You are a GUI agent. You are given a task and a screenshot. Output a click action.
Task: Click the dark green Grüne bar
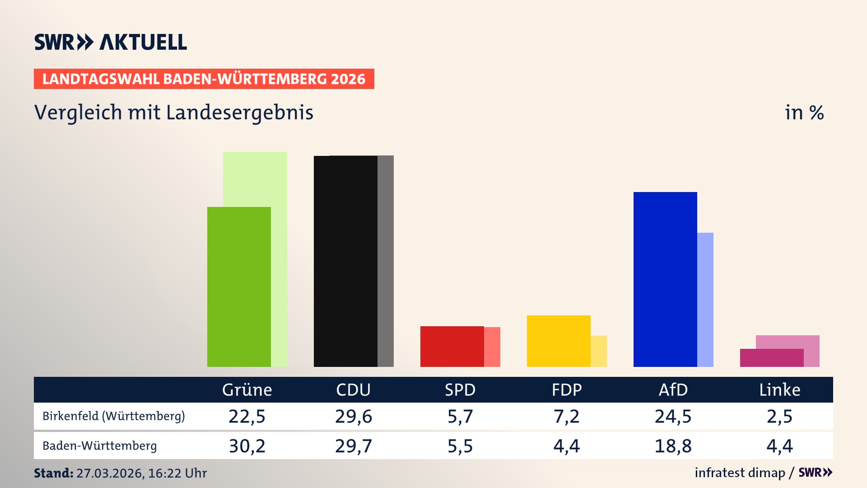coord(239,287)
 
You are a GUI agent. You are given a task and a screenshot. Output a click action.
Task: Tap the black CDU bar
coord(345,261)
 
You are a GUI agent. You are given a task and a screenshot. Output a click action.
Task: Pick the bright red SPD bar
coord(452,346)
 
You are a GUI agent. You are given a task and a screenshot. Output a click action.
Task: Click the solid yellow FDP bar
coord(559,341)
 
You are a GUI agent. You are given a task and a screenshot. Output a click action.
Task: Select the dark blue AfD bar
coord(665,279)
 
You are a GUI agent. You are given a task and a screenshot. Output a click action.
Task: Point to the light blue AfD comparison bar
coord(705,299)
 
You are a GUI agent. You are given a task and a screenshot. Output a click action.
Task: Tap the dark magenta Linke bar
coord(772,358)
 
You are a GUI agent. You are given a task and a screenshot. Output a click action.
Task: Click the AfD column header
coord(673,389)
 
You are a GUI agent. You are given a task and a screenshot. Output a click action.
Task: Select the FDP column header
coord(567,389)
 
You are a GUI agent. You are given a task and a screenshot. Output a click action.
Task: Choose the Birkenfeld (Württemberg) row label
coord(114,416)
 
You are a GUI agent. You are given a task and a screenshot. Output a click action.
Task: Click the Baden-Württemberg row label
coord(100,446)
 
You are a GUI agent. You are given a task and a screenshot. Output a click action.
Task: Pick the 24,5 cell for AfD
coord(673,416)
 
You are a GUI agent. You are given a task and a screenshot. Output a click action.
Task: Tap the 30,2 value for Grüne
coord(247,446)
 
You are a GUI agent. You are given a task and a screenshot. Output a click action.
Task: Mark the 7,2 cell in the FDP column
coord(567,416)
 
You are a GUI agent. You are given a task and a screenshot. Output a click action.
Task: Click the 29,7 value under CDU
coord(354,446)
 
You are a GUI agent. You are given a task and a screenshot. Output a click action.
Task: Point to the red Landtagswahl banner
coord(204,79)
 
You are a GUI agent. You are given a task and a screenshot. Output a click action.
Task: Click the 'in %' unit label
coord(804,113)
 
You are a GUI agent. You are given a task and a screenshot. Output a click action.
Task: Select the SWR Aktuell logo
coord(111,42)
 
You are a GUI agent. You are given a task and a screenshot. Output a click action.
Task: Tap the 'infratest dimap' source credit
coord(740,473)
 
